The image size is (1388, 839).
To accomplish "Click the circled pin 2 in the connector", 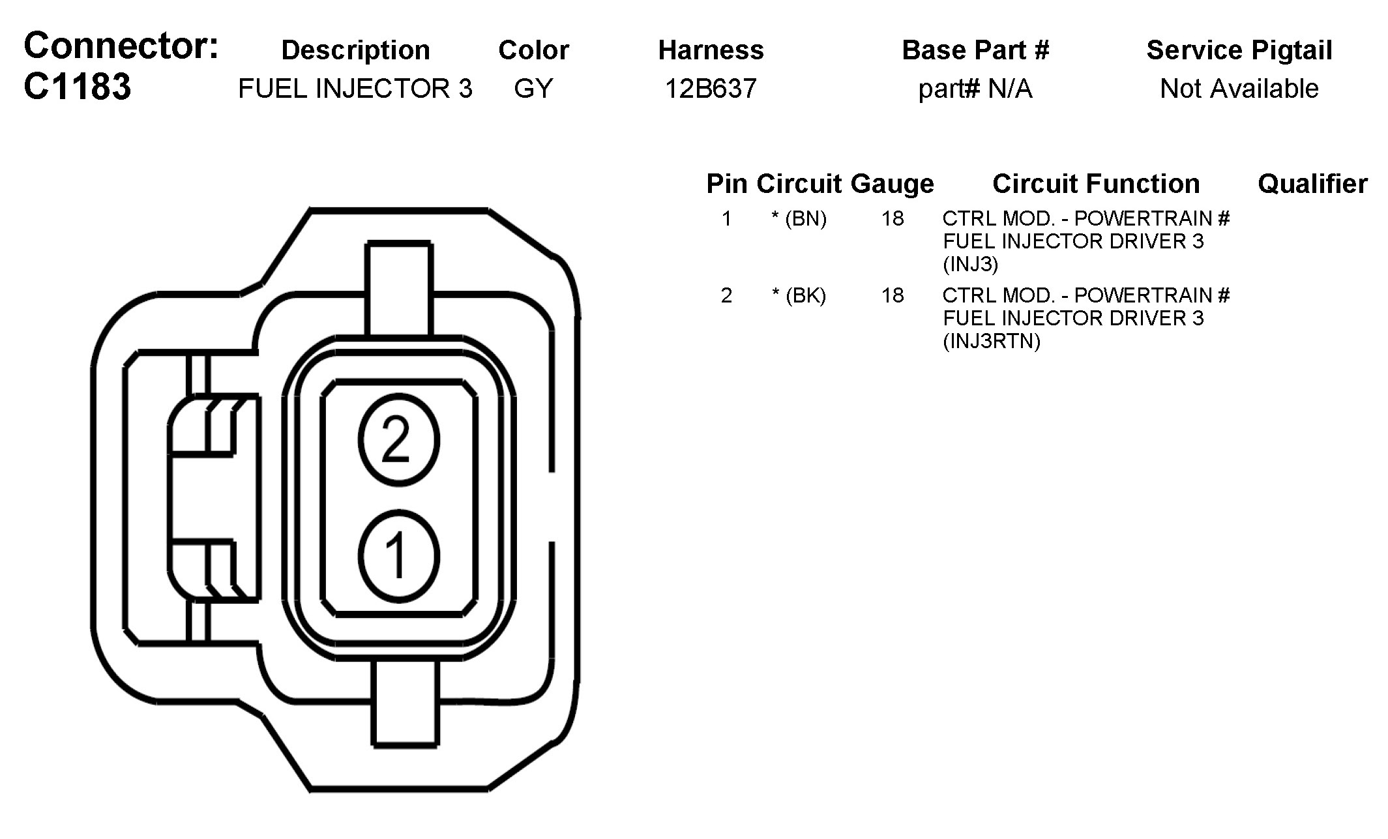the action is click(x=399, y=441).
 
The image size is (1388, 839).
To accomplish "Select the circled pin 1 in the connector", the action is click(x=399, y=556).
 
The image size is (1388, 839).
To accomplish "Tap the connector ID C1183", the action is click(x=77, y=87).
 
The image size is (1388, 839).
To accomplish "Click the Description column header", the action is click(x=355, y=50).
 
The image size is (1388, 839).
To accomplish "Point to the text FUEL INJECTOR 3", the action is click(x=355, y=89).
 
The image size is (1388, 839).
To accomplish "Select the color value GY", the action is click(x=533, y=89).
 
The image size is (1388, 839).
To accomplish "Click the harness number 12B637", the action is click(x=711, y=89).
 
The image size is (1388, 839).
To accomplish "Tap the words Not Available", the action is click(x=1239, y=89).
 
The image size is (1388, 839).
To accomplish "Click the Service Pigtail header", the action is click(x=1239, y=50).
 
